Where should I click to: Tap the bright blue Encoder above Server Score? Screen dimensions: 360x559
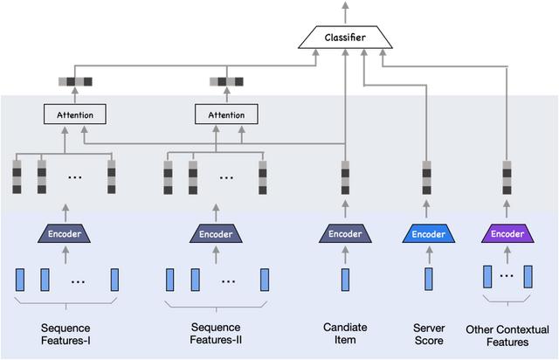coord(429,234)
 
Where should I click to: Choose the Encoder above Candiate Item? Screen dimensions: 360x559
coord(345,234)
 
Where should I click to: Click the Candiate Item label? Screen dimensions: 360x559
coord(344,334)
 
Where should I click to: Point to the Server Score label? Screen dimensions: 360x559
coord(429,334)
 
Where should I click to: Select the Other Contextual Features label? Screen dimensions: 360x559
coord(508,334)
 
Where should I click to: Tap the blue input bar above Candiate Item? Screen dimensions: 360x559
coord(345,280)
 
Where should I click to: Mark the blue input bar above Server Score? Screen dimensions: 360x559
coord(429,280)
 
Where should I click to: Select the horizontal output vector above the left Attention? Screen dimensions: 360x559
coord(75,83)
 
